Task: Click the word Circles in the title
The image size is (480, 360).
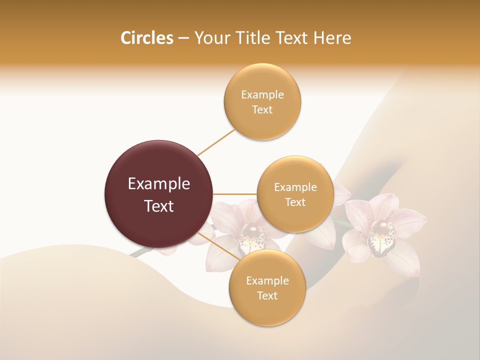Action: [146, 38]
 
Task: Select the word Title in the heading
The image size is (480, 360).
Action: [259, 38]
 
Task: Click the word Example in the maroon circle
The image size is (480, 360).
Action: [159, 184]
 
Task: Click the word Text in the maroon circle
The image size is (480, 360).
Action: [159, 206]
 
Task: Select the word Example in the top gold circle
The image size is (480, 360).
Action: [262, 95]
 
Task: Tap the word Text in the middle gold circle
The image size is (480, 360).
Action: [295, 202]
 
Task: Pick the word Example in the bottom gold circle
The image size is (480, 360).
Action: [267, 281]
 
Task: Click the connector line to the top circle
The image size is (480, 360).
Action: [216, 142]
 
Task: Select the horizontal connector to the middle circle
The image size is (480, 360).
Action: [235, 194]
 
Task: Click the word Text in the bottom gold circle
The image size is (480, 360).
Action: [267, 296]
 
